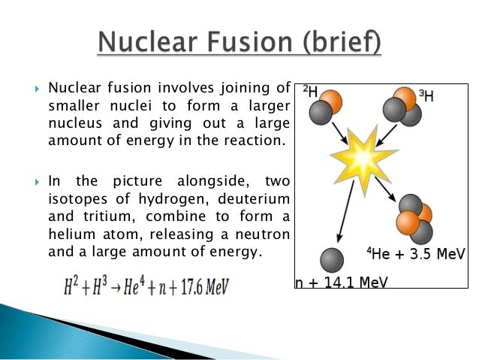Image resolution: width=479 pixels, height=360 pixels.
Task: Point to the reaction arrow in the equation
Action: (x=115, y=286)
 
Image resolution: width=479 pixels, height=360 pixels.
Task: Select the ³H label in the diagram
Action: (x=426, y=95)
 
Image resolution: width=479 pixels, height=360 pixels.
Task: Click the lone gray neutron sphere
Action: (x=332, y=259)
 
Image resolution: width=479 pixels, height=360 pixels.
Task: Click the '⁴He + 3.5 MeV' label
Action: (x=416, y=254)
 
